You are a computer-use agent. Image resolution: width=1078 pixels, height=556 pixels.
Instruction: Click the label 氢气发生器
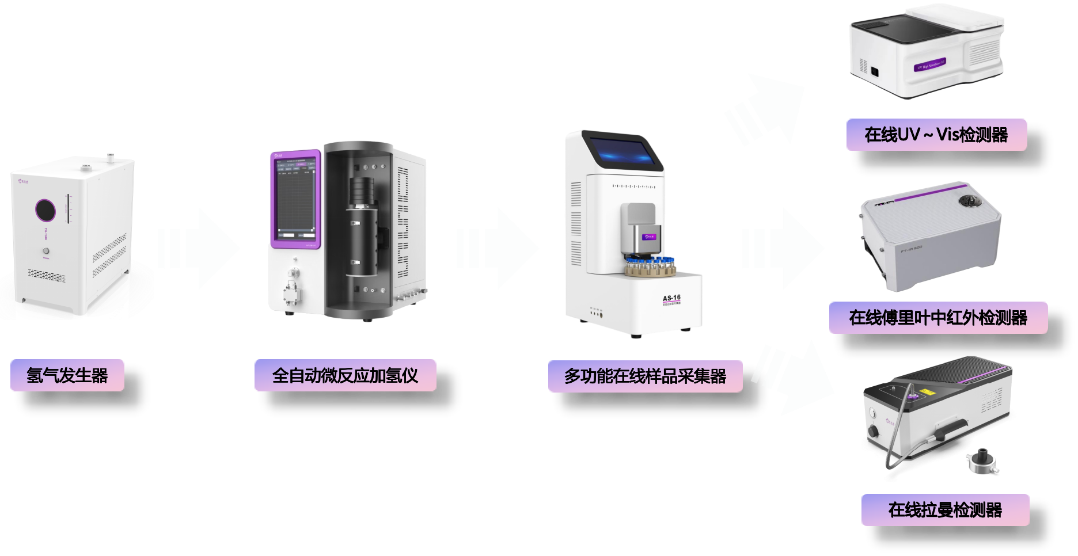pos(67,376)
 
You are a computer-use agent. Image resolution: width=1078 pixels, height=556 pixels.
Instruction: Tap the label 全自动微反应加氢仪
pos(345,376)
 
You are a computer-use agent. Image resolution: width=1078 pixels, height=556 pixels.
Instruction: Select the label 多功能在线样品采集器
pos(645,376)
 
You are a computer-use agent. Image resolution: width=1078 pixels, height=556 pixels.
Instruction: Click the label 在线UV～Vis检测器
pos(936,135)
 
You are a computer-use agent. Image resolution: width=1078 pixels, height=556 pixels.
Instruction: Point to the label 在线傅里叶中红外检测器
pos(938,318)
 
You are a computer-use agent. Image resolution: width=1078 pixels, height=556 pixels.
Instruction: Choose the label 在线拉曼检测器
pos(945,510)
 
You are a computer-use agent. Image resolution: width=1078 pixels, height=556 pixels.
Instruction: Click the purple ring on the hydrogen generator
pos(45,210)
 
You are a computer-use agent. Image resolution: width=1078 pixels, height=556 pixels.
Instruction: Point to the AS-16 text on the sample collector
pos(671,298)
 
